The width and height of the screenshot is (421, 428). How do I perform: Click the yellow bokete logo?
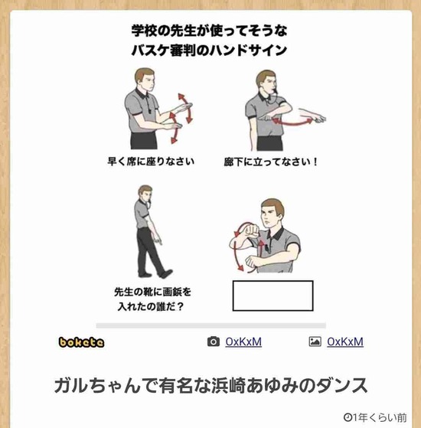(x=81, y=342)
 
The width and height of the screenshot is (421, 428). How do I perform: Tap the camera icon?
(x=214, y=341)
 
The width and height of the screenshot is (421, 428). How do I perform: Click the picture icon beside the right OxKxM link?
(x=315, y=341)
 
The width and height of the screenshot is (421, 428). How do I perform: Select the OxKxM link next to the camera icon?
(x=243, y=341)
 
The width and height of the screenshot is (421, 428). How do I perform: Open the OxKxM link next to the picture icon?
(x=345, y=341)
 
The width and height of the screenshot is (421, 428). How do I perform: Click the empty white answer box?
(x=273, y=296)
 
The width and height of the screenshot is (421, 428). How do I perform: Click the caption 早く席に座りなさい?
(x=151, y=162)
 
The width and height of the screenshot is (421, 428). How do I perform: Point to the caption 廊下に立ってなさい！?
(x=271, y=162)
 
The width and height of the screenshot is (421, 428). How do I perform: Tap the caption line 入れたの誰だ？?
(x=151, y=306)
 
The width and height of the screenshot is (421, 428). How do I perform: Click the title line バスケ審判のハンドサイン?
(x=209, y=51)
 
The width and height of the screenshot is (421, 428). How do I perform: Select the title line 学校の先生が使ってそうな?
(x=209, y=31)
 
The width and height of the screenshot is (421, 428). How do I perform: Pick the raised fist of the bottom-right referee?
(x=252, y=230)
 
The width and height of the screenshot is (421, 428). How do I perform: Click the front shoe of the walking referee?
(x=165, y=273)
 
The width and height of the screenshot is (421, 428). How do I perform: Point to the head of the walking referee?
(x=145, y=193)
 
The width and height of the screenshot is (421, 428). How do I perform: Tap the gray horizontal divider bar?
(x=211, y=325)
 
